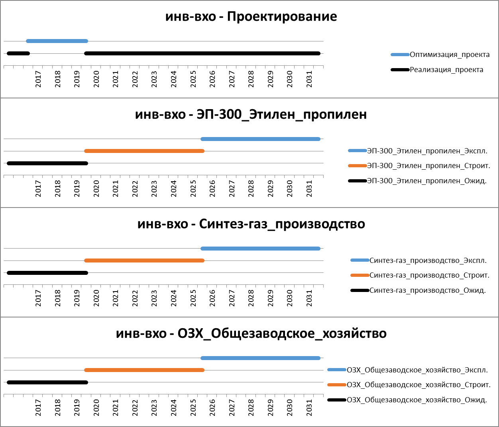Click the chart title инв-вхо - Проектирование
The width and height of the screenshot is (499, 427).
tap(251, 17)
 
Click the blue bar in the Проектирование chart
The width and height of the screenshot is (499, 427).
tap(57, 41)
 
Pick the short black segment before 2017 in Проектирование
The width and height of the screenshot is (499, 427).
tap(18, 53)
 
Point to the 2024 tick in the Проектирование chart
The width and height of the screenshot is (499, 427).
tap(173, 79)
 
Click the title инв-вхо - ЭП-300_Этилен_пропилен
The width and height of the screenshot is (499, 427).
tap(251, 114)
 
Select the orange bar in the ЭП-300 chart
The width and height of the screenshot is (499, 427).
tap(144, 151)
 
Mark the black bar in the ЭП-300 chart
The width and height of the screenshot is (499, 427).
tap(47, 163)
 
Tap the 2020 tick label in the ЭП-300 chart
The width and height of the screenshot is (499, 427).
tap(96, 188)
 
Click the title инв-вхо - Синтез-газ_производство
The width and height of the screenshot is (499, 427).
tap(251, 224)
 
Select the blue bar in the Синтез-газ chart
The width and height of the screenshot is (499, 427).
tap(260, 249)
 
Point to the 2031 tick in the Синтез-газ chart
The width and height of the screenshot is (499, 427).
tap(309, 298)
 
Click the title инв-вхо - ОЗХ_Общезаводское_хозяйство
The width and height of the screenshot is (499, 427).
tap(251, 333)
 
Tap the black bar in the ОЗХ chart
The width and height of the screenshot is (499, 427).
tap(47, 382)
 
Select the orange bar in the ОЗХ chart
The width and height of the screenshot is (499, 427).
tap(144, 370)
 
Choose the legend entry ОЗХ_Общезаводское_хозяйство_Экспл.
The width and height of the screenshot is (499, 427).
tap(417, 370)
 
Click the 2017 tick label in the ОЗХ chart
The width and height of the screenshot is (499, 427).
tap(38, 407)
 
